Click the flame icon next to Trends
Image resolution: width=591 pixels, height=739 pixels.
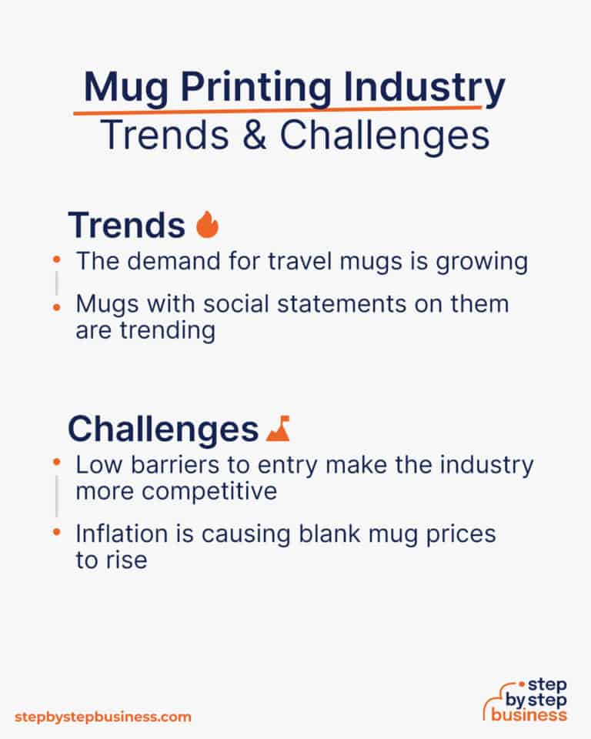pyautogui.click(x=208, y=225)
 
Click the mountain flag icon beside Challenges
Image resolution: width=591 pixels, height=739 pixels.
pyautogui.click(x=278, y=428)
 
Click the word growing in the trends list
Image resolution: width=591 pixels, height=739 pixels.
pyautogui.click(x=480, y=261)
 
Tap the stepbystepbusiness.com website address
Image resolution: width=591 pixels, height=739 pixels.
pyautogui.click(x=103, y=717)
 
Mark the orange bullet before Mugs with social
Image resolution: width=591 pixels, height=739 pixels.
pyautogui.click(x=57, y=306)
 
